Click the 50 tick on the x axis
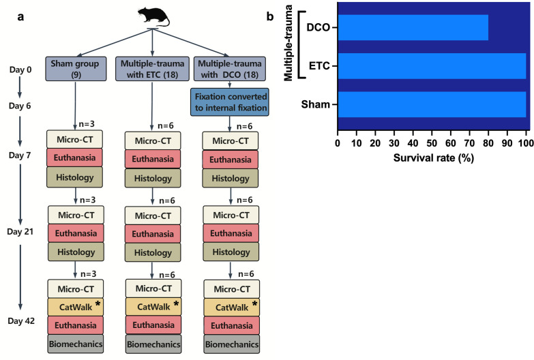432,144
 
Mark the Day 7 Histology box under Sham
74,177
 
